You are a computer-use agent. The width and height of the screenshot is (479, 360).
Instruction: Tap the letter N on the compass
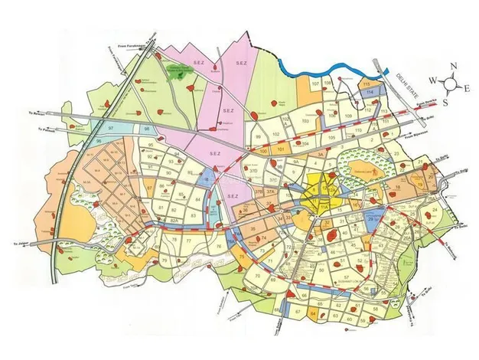coord(452,67)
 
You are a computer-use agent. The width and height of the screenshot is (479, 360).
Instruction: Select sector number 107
coord(314,83)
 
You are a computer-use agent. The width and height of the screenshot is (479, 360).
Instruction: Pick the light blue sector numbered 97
coord(112,125)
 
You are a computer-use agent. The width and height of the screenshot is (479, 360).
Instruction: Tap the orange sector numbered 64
coord(313,313)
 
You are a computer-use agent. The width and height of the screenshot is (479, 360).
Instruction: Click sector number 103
coord(305,121)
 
